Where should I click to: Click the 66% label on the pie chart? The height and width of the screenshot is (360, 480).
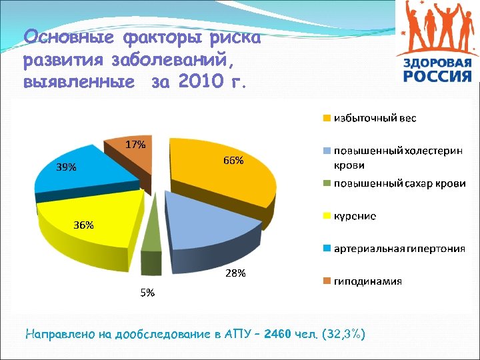[233, 161]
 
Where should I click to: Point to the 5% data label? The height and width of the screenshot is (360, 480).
[147, 293]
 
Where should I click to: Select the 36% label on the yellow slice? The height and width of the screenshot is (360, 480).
[84, 225]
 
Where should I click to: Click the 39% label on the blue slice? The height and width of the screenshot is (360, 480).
[66, 168]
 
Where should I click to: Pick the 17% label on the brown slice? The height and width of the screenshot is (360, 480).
[136, 144]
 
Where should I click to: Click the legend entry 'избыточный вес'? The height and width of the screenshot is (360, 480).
[375, 118]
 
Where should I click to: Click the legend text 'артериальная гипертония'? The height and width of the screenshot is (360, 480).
[399, 249]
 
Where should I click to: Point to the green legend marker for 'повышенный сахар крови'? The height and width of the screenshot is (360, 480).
[327, 183]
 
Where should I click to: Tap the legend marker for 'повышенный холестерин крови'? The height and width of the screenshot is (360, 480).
[327, 151]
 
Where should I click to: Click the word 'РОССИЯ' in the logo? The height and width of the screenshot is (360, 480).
[437, 76]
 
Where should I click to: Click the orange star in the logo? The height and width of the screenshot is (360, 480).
[409, 31]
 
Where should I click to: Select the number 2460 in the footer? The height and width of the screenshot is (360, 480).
[278, 333]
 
